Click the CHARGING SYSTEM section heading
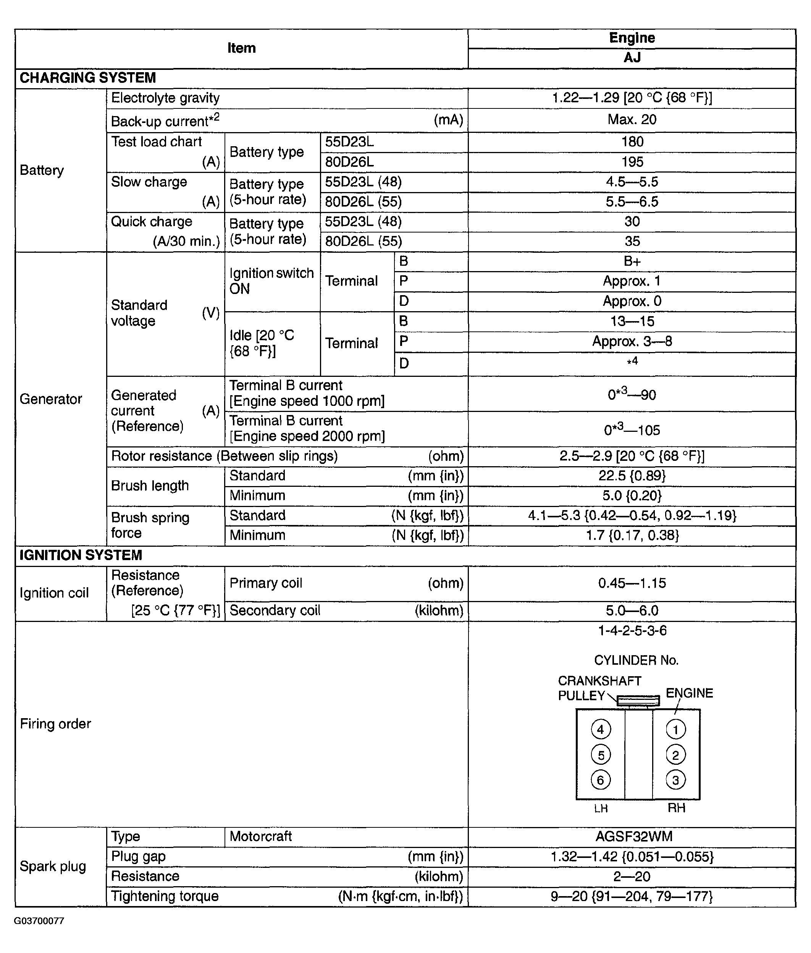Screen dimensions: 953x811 [87, 78]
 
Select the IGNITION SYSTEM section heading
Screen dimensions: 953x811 [81, 555]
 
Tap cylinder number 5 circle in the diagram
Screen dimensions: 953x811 [601, 755]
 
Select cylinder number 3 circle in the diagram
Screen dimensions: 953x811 [675, 780]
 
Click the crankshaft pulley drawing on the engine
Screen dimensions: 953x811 [638, 701]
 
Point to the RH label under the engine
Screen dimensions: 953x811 [676, 808]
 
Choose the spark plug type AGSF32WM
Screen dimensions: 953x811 [633, 836]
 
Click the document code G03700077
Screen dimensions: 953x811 [39, 921]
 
